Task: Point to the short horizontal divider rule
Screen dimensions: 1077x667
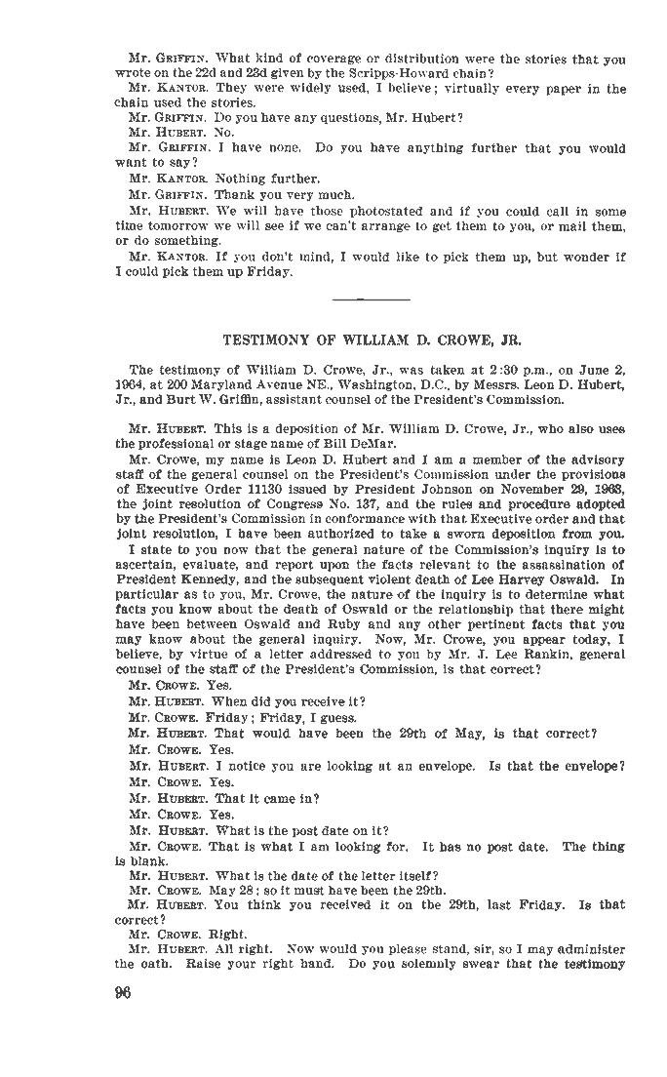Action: point(371,297)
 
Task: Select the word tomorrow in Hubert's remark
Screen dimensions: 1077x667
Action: point(179,225)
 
